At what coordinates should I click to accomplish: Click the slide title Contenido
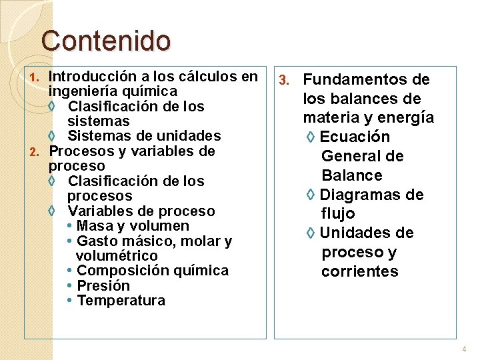coord(105,40)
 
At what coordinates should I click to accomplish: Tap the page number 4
coord(464,349)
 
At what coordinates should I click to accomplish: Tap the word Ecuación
coord(355,137)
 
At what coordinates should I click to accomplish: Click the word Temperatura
coord(121,301)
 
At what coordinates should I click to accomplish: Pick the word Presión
coord(103,286)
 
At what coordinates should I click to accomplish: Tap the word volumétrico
coord(117,256)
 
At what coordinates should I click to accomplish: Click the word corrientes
coord(360,272)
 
